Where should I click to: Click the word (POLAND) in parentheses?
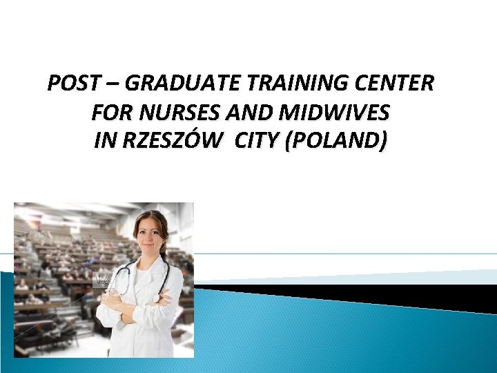click(x=340, y=141)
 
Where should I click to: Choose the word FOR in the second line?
click(x=106, y=113)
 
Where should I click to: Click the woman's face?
click(x=151, y=239)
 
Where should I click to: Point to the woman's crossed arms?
click(x=138, y=304)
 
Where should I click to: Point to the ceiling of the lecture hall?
click(x=69, y=211)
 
